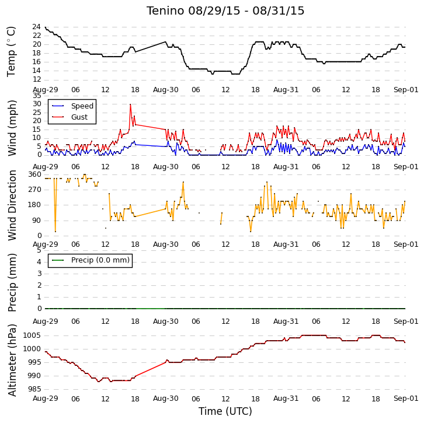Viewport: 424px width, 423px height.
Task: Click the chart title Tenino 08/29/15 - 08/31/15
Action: [x=225, y=11]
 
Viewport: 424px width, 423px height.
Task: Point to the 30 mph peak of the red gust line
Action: [x=130, y=104]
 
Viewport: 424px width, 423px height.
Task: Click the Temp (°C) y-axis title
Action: [x=11, y=52]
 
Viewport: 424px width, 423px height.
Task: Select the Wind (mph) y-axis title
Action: [x=12, y=128]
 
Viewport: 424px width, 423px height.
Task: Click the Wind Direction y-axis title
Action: [x=12, y=205]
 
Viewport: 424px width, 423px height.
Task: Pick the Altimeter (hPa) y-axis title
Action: [x=12, y=361]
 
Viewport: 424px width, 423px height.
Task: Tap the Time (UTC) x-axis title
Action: [x=225, y=411]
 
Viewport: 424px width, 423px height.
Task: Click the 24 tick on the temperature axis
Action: [x=37, y=27]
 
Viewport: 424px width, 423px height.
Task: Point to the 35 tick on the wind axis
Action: [x=37, y=96]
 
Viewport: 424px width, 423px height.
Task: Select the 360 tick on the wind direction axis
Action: [x=35, y=174]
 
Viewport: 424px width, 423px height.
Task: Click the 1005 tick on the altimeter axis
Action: [x=32, y=335]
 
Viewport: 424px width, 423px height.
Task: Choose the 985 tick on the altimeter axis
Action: [x=34, y=389]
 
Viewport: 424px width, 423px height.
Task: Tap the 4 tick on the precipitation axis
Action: [x=40, y=262]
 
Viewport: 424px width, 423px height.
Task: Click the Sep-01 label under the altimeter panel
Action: [x=406, y=398]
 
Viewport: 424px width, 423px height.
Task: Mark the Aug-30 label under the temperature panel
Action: [x=165, y=90]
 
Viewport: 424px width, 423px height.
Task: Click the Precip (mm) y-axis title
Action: [x=12, y=282]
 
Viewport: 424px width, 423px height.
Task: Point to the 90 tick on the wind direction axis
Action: [x=37, y=221]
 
